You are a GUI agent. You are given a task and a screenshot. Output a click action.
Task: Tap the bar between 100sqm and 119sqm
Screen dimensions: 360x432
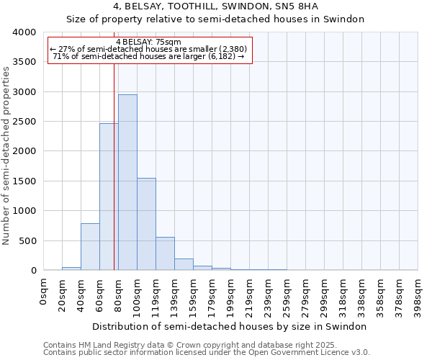pyautogui.click(x=146, y=224)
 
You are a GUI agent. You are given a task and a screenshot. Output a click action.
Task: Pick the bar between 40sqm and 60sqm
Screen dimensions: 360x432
pyautogui.click(x=90, y=247)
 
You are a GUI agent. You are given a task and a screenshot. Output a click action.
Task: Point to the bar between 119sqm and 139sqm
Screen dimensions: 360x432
pyautogui.click(x=165, y=253)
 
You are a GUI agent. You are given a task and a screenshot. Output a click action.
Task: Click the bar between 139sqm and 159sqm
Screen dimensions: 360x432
pyautogui.click(x=184, y=264)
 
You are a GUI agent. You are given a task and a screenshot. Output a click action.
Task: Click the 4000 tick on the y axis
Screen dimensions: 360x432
pyautogui.click(x=24, y=32)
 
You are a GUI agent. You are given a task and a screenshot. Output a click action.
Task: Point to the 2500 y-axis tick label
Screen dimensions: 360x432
pyautogui.click(x=24, y=122)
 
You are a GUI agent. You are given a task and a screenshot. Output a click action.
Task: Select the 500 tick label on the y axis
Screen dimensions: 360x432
pyautogui.click(x=27, y=240)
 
